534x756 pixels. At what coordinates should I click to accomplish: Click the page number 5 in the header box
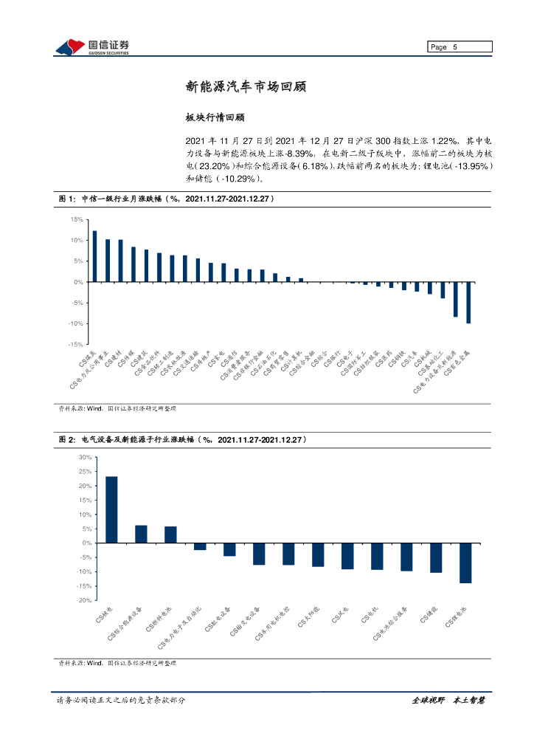pyautogui.click(x=455, y=47)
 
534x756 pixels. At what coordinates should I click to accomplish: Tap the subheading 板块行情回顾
pyautogui.click(x=215, y=117)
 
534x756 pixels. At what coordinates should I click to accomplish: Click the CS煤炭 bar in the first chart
pyautogui.click(x=94, y=256)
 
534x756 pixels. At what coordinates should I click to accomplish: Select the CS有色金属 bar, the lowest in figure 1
pyautogui.click(x=468, y=302)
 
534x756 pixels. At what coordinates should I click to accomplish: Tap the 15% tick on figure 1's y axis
pyautogui.click(x=76, y=220)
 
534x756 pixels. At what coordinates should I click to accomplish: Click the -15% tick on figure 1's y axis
pyautogui.click(x=74, y=345)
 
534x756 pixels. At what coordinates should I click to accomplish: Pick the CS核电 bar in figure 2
pyautogui.click(x=111, y=509)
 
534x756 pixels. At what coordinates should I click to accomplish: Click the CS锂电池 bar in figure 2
pyautogui.click(x=465, y=563)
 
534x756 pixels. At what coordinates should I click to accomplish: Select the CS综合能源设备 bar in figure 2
pyautogui.click(x=141, y=534)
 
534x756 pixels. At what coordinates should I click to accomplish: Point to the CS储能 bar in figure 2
pyautogui.click(x=436, y=557)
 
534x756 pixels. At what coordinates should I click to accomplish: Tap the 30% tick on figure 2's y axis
pyautogui.click(x=83, y=458)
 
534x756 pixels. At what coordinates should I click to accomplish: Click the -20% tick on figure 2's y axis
pyautogui.click(x=83, y=600)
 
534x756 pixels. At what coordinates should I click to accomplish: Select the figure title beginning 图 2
pyautogui.click(x=183, y=439)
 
